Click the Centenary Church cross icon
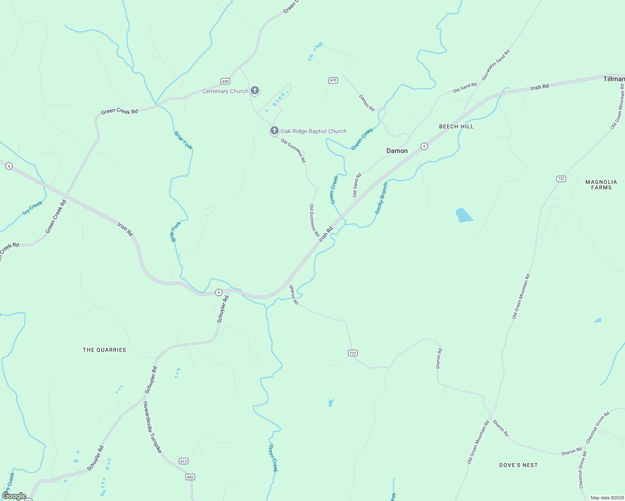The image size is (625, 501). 254,90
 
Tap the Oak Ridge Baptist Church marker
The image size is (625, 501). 274,131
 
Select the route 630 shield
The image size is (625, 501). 226,81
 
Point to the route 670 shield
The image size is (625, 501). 333,80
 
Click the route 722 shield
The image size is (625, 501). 561,179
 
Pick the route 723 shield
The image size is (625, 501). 353,353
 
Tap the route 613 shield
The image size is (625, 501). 183,461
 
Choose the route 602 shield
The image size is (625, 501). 191,477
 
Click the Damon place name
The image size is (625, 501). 397,151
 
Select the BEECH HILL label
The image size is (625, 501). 456,127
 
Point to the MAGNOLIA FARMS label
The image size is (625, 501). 601,185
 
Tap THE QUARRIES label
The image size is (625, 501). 104,350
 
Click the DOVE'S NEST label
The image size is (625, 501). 518,465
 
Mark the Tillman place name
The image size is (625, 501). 614,79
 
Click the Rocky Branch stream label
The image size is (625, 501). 381,198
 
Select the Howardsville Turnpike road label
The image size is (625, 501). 152,427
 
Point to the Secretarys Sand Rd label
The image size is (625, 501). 495,65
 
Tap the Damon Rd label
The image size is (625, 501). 367,102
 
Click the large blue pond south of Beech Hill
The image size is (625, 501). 464,215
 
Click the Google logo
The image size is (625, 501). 14,496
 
